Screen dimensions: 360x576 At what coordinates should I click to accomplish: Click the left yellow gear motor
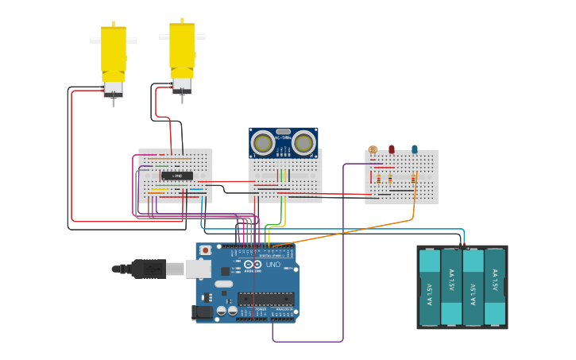(x=113, y=52)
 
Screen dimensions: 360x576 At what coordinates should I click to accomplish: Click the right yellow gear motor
(x=182, y=48)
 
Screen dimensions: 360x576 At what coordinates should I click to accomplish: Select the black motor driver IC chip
(x=176, y=175)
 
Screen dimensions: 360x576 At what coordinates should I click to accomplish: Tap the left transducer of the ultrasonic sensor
(x=263, y=143)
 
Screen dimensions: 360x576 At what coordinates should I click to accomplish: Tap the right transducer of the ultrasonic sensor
(x=303, y=143)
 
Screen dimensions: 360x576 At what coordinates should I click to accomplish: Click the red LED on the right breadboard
(x=392, y=149)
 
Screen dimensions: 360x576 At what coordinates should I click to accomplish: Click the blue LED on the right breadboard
(x=414, y=149)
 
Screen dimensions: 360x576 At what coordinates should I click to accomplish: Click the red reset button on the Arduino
(x=206, y=250)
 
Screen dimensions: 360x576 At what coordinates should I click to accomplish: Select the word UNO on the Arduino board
(x=273, y=264)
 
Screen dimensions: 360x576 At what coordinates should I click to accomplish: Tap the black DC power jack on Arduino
(x=203, y=312)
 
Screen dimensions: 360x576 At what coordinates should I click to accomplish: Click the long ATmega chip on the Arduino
(x=265, y=300)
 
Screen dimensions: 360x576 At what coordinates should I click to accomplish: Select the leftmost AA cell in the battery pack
(x=429, y=288)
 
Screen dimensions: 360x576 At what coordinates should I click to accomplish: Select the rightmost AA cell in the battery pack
(x=494, y=288)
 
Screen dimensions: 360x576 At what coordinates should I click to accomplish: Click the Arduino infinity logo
(x=252, y=264)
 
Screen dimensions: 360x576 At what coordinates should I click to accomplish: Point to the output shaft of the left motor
(x=113, y=101)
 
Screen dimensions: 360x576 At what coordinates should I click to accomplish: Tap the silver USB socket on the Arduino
(x=199, y=269)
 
